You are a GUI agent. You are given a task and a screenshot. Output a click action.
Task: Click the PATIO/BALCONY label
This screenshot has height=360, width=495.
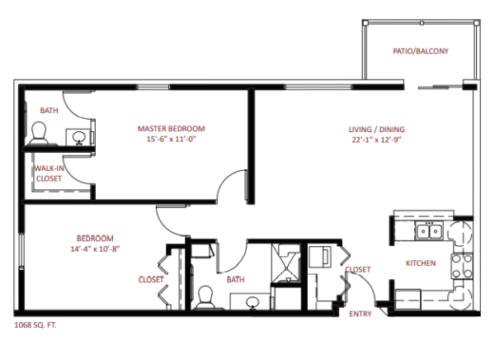(x=421, y=51)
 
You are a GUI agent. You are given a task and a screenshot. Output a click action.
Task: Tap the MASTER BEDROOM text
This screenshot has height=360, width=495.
(x=171, y=129)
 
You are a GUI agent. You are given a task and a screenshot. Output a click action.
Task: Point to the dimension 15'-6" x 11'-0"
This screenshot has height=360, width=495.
(x=171, y=140)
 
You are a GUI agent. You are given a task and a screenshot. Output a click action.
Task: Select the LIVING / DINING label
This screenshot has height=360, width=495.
(x=377, y=130)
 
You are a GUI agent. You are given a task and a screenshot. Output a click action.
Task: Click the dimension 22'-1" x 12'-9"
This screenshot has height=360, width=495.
(x=377, y=140)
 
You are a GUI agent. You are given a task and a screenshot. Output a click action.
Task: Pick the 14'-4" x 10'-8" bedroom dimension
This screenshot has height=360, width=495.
(x=95, y=249)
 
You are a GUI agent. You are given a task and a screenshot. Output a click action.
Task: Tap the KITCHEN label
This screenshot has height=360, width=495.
(x=421, y=263)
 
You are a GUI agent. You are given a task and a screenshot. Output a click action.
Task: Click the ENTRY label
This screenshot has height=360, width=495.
(x=361, y=314)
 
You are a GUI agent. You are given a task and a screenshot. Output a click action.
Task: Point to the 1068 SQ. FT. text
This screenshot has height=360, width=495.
(x=35, y=325)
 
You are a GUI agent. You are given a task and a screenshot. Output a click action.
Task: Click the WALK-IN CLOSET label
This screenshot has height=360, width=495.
(x=49, y=173)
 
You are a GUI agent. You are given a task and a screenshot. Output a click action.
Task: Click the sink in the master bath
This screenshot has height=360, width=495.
(x=78, y=138)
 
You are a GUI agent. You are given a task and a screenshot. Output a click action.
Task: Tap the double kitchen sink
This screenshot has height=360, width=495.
(x=429, y=230)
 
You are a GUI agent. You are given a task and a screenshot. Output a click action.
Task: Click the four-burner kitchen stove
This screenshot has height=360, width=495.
(x=462, y=266)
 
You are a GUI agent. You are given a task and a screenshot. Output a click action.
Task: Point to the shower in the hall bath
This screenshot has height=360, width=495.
(x=285, y=263)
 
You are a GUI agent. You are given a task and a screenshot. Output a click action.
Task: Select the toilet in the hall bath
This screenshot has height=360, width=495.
(x=205, y=297)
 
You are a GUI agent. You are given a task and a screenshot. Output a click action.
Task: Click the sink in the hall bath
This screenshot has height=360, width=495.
(x=252, y=302)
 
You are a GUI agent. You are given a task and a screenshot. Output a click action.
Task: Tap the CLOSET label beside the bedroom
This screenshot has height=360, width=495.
(x=151, y=280)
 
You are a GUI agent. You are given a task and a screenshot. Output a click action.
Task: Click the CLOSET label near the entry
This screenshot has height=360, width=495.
(x=358, y=270)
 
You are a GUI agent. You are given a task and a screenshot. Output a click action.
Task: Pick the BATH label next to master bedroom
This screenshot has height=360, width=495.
(x=49, y=111)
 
